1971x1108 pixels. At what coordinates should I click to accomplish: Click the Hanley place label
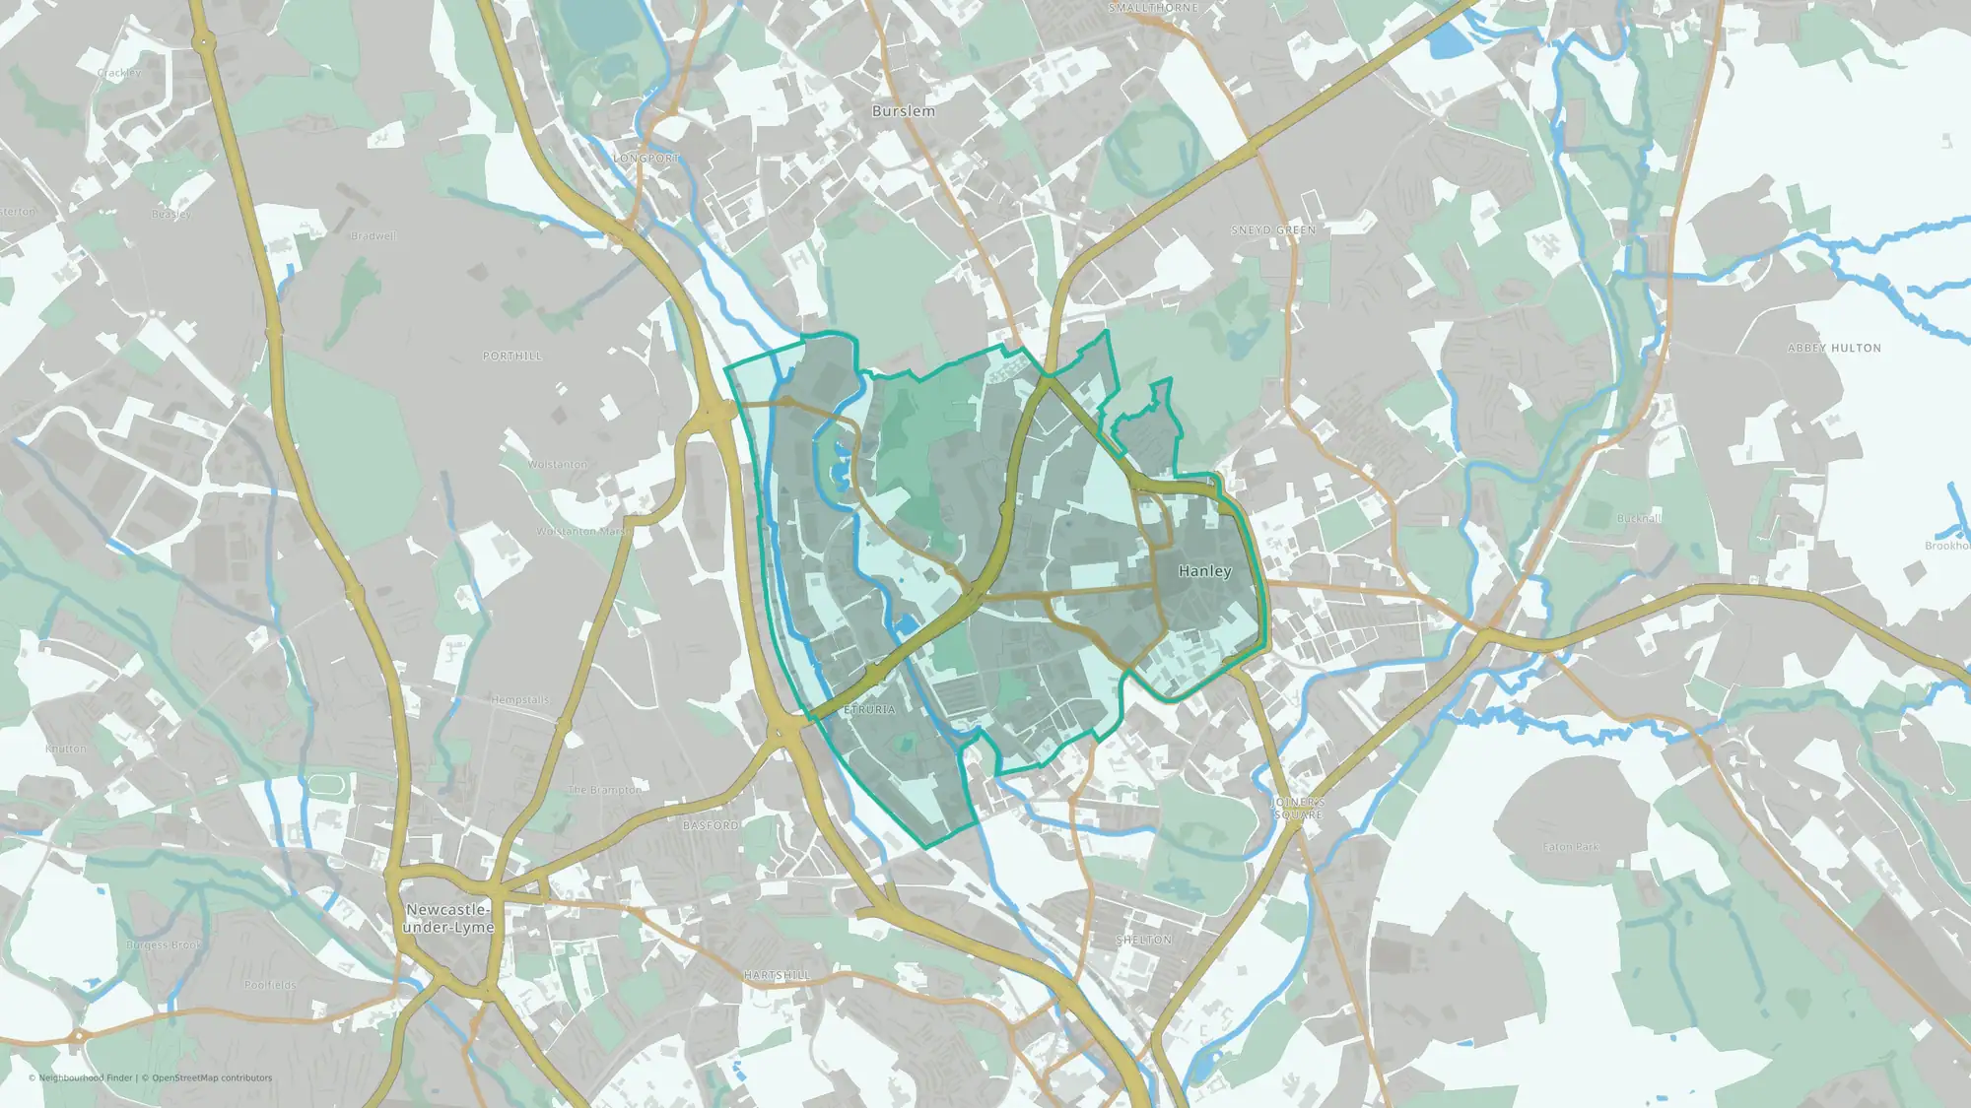coord(1204,571)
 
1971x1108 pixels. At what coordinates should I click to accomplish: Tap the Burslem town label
coord(903,111)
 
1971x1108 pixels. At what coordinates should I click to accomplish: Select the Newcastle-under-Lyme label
coord(448,918)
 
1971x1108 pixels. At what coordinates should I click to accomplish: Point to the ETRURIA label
coord(869,710)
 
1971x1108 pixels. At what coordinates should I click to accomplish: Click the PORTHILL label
coord(512,356)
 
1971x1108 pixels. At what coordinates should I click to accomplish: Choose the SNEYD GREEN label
coord(1273,230)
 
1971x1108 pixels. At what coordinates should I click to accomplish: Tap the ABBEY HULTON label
coord(1834,349)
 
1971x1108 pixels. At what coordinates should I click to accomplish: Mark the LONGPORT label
coord(646,159)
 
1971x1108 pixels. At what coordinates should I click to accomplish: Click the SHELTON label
coord(1143,941)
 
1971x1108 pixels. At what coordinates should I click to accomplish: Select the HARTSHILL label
coord(777,975)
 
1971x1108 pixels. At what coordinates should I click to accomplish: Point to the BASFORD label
coord(711,825)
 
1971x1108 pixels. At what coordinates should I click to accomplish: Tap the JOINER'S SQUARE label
coord(1298,809)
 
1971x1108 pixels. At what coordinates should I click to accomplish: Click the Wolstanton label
coord(558,464)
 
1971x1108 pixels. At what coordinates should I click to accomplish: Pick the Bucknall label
coord(1639,519)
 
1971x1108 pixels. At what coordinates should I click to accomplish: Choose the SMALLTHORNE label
coord(1153,8)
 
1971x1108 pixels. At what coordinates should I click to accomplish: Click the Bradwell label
coord(373,236)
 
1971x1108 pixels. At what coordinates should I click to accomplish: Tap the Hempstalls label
coord(520,700)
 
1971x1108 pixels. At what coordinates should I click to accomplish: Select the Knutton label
coord(66,749)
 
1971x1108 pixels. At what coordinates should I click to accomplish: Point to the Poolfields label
coord(269,985)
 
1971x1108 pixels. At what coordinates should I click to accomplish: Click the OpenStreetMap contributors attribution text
coord(212,1077)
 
